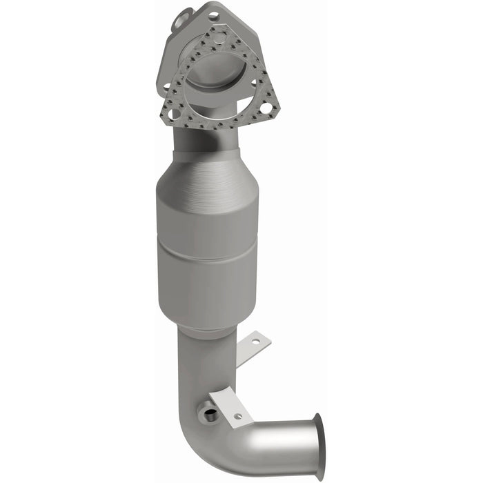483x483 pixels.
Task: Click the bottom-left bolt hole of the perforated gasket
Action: click(174, 114)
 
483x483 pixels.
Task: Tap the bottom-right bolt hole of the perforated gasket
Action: click(265, 108)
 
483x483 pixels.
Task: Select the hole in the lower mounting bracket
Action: click(238, 416)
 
